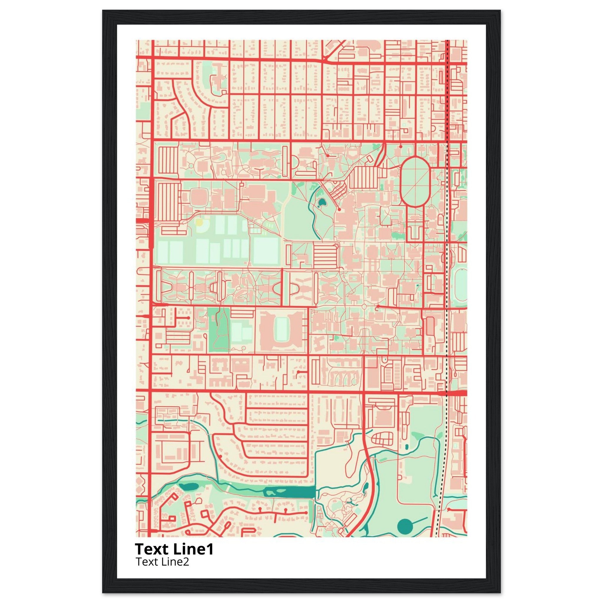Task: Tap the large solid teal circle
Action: (x=405, y=527)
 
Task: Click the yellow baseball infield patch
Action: (x=198, y=223)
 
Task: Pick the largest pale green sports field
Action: (x=266, y=251)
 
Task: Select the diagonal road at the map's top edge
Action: (x=334, y=50)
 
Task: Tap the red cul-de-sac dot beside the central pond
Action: (x=339, y=210)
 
